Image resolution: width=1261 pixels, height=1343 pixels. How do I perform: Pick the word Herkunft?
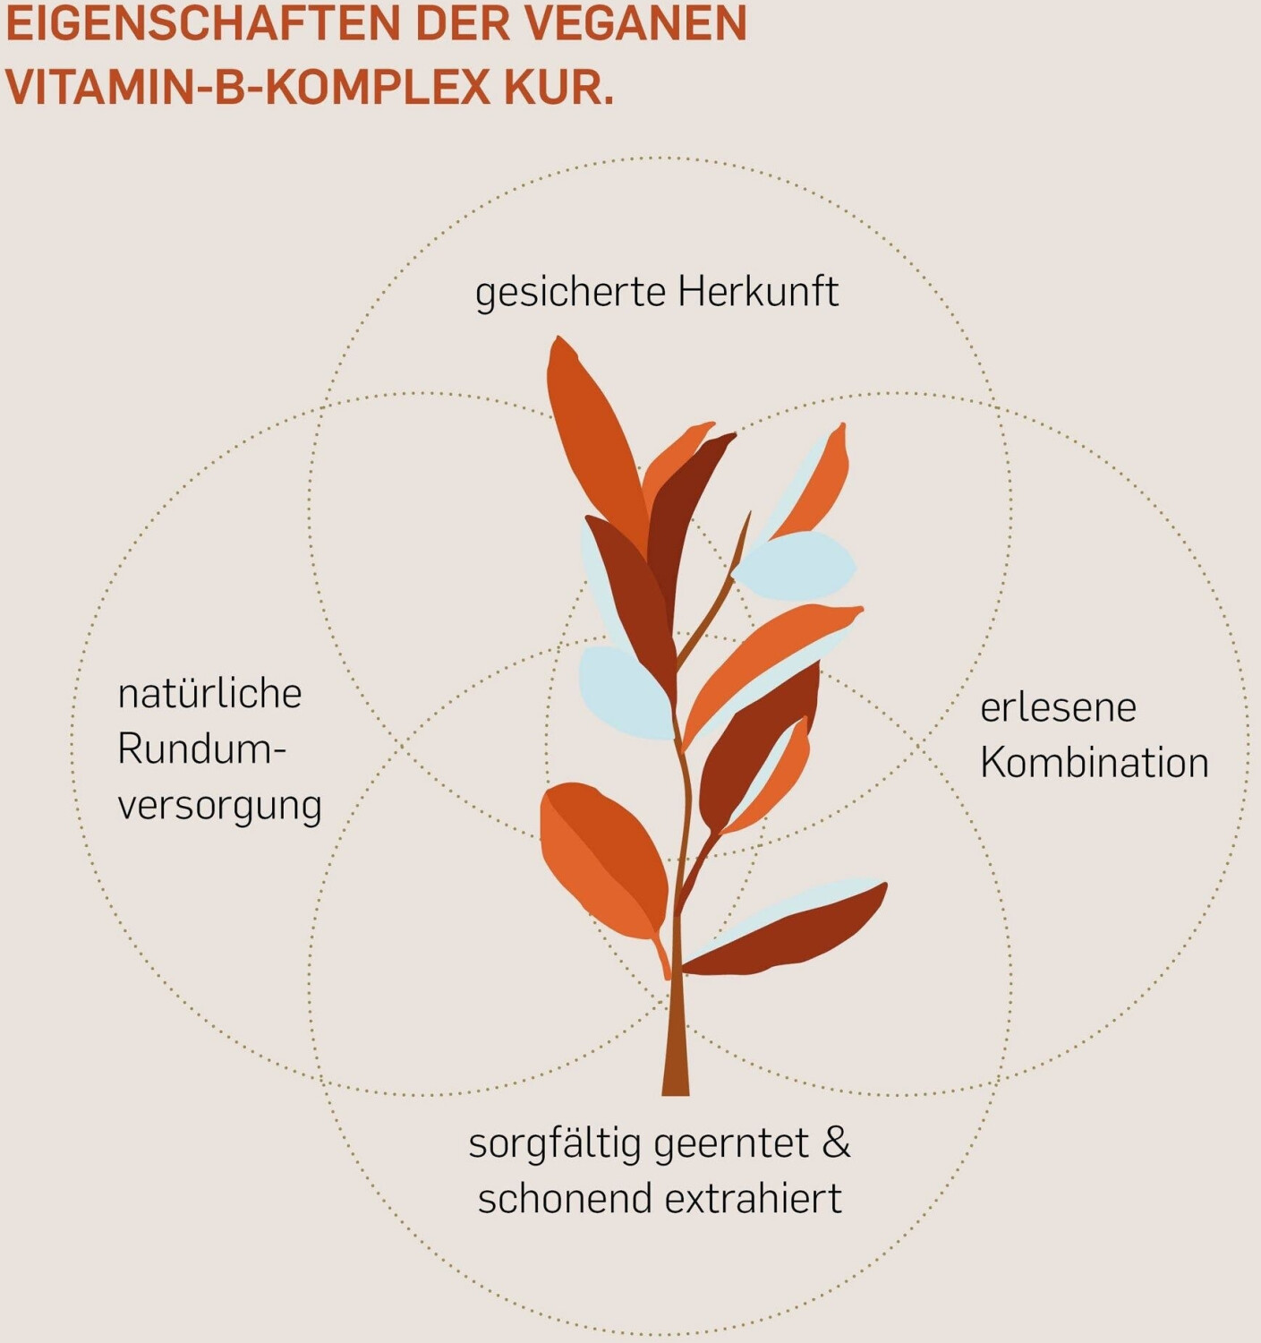pos(758,292)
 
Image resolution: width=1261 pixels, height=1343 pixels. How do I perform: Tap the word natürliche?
pos(209,694)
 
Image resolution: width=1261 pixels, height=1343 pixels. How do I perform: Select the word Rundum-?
pos(201,749)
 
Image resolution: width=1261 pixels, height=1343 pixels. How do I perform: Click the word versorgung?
pos(219,806)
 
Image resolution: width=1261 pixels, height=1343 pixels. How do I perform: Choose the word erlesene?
pos(1058,708)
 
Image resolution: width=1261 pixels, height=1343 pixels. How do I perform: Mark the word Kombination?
pos(1094,763)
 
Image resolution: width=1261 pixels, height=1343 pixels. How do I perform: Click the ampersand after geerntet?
pos(836,1143)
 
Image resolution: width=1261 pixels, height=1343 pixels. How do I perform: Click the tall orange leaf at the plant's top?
pos(591,430)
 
